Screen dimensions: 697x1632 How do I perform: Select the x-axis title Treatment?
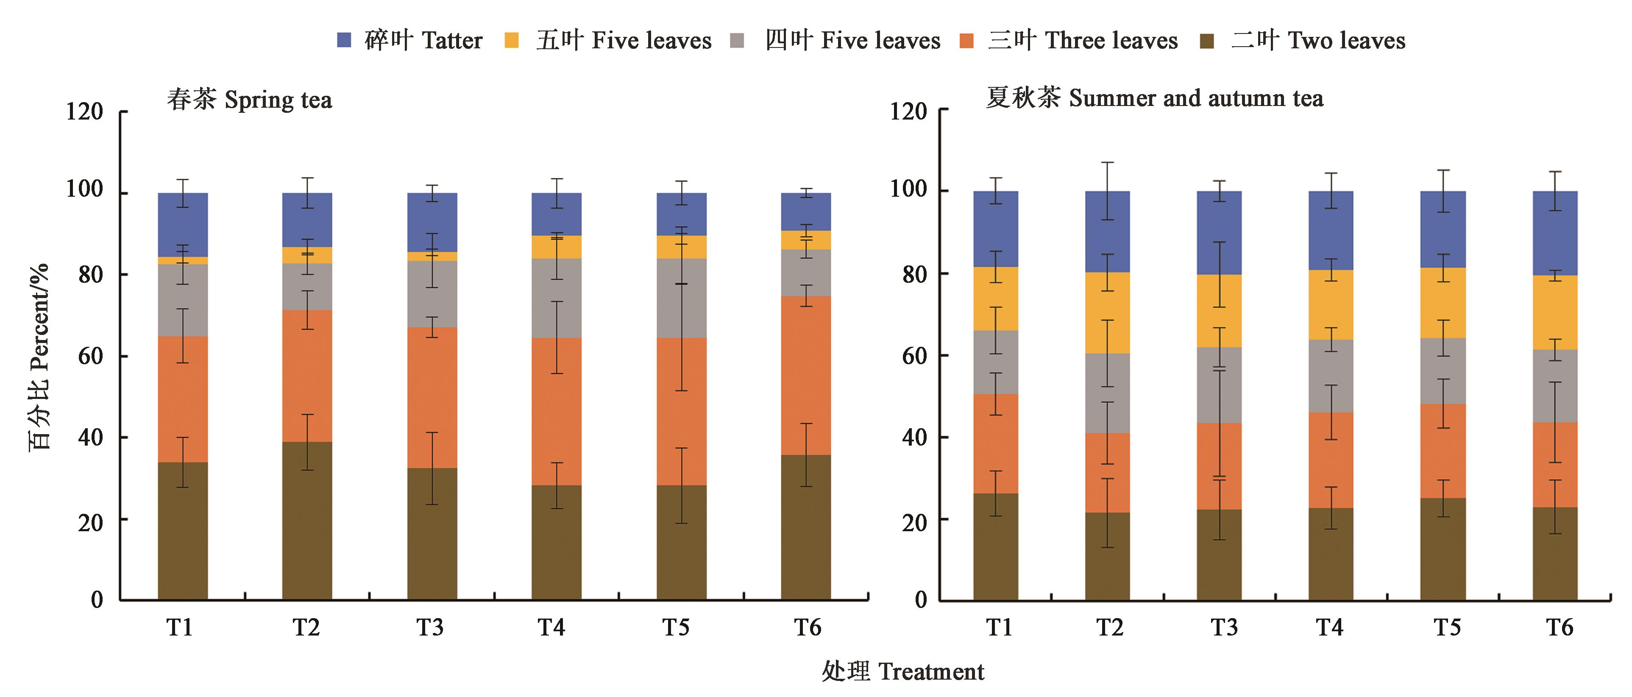click(x=903, y=672)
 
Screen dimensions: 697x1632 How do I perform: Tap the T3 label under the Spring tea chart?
click(x=430, y=627)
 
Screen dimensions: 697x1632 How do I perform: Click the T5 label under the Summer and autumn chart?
click(x=1447, y=627)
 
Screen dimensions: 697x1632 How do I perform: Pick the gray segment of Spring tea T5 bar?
click(x=681, y=298)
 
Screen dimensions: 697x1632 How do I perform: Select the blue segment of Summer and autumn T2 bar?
click(x=1107, y=232)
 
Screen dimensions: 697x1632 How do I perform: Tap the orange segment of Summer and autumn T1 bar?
click(x=995, y=443)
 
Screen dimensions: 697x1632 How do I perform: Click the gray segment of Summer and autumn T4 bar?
click(x=1331, y=376)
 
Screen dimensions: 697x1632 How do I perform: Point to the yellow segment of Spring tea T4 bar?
click(x=556, y=247)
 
